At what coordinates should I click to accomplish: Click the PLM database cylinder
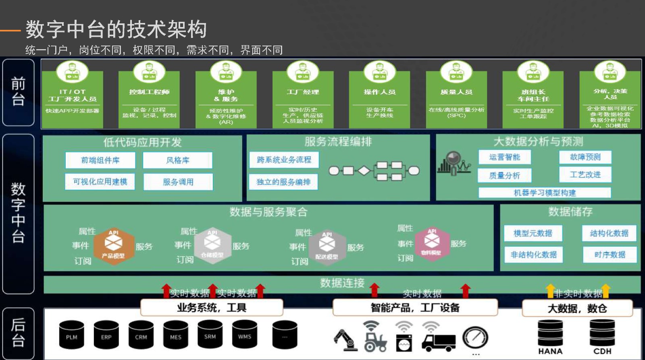pyautogui.click(x=71, y=335)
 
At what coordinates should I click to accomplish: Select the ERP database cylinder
pyautogui.click(x=106, y=335)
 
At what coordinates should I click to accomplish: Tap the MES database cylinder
pyautogui.click(x=175, y=335)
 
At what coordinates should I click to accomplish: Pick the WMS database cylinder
pyautogui.click(x=244, y=335)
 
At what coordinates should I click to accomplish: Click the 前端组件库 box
pyautogui.click(x=100, y=160)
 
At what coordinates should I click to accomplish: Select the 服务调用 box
pyautogui.click(x=178, y=182)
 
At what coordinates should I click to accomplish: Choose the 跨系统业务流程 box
pyautogui.click(x=284, y=160)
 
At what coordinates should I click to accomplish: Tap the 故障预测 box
pyautogui.click(x=585, y=157)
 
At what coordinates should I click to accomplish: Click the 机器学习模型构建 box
pyautogui.click(x=545, y=193)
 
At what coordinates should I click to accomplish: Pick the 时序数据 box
pyautogui.click(x=610, y=254)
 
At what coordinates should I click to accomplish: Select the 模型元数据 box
pyautogui.click(x=533, y=233)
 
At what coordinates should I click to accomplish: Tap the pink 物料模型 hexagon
pyautogui.click(x=432, y=243)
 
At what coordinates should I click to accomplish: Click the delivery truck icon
pyautogui.click(x=438, y=342)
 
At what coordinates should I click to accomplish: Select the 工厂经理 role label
pyautogui.click(x=303, y=92)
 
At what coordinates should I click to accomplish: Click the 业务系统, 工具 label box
pyautogui.click(x=212, y=308)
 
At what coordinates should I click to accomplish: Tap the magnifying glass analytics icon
pyautogui.click(x=454, y=162)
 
